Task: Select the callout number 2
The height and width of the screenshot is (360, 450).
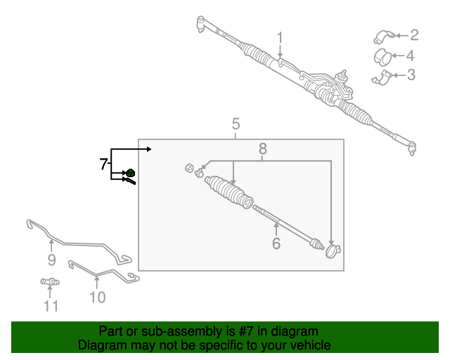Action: tap(414, 34)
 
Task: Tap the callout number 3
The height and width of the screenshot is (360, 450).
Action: tap(411, 75)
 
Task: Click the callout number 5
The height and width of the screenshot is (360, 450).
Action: tap(236, 124)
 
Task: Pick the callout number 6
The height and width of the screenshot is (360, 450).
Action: tap(276, 243)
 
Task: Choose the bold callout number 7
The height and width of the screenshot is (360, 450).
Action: tap(103, 164)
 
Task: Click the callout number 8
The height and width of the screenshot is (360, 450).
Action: tap(263, 148)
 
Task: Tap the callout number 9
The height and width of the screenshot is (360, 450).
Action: tap(51, 261)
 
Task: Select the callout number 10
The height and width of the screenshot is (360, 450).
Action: tap(97, 297)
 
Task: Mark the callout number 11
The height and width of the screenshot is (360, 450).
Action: tap(51, 306)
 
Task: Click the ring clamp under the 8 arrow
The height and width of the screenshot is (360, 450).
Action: tap(331, 250)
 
